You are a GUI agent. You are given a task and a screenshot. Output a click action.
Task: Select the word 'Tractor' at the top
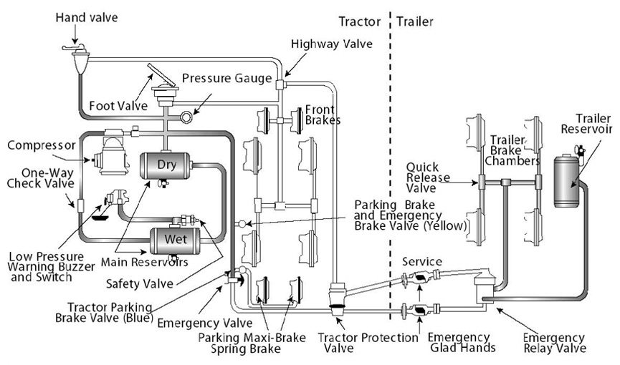[x=361, y=21]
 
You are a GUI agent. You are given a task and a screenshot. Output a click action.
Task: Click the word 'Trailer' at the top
[x=415, y=21]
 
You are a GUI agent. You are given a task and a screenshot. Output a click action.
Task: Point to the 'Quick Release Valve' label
[x=426, y=179]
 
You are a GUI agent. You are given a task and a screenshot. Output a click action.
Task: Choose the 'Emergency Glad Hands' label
[x=459, y=343]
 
